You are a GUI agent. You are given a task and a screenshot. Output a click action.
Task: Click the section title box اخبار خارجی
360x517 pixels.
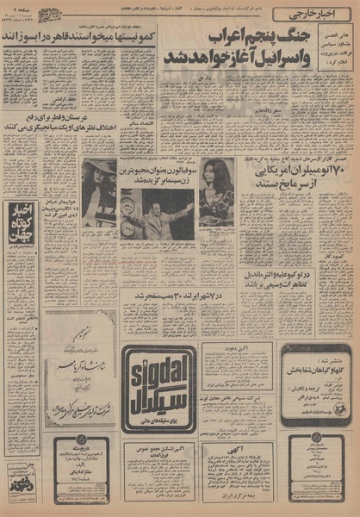(x=309, y=14)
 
